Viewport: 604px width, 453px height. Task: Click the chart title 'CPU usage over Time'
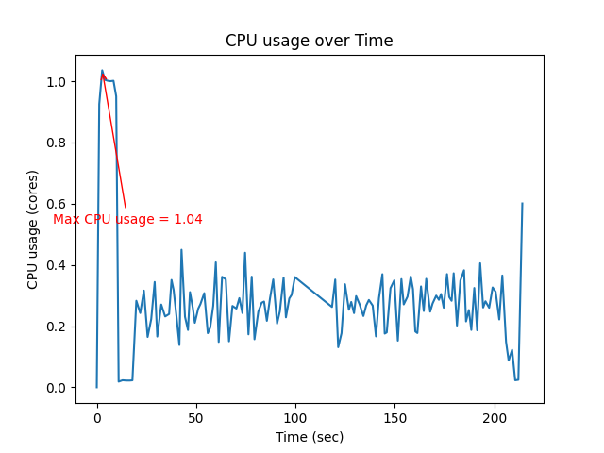(x=309, y=41)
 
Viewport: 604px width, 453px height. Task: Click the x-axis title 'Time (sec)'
(x=309, y=437)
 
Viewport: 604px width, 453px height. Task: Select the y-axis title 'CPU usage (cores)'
(x=33, y=229)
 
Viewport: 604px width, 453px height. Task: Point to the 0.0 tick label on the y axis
(x=56, y=388)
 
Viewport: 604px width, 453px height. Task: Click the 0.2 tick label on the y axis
(x=56, y=327)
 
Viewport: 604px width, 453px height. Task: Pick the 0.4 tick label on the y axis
(x=56, y=265)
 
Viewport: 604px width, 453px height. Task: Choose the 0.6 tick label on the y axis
(x=56, y=204)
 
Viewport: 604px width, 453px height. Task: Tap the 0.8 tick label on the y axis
(x=56, y=143)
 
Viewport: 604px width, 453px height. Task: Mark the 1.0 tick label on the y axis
(x=56, y=82)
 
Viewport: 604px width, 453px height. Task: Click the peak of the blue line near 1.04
(x=103, y=70)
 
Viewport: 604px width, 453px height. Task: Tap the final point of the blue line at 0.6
(x=522, y=204)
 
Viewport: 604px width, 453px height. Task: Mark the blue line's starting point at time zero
(x=97, y=387)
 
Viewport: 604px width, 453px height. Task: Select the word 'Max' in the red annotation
(x=66, y=220)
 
